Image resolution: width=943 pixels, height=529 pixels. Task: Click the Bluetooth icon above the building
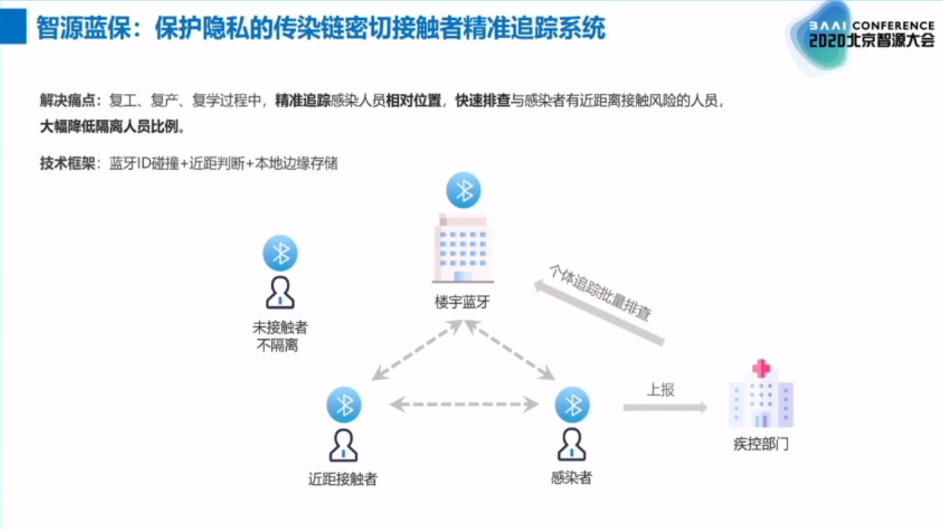coord(464,190)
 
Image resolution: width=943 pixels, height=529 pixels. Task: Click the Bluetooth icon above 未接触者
coord(280,253)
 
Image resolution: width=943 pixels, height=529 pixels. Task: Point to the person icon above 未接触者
coord(280,293)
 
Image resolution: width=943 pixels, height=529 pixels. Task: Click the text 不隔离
coord(277,346)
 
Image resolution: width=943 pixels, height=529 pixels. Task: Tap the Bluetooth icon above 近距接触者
coord(344,405)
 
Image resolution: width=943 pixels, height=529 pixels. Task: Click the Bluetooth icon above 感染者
coord(573,405)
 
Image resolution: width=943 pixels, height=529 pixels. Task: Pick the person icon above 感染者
coord(572,445)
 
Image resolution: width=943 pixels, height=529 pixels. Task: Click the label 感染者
coord(572,478)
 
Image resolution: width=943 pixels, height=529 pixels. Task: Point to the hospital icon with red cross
coord(760,394)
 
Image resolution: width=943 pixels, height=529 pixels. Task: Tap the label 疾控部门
coord(761,445)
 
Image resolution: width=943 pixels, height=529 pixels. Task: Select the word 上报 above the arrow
coord(660,389)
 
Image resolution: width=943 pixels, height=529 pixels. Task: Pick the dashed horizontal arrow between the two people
coord(464,405)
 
